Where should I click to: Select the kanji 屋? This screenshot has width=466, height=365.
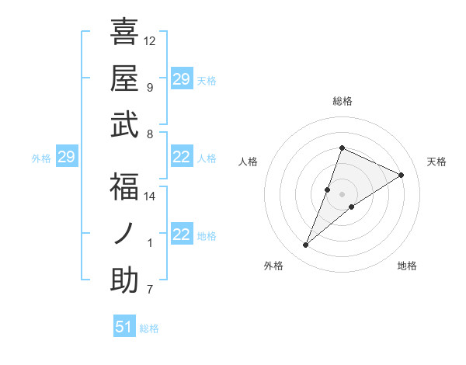click(x=124, y=78)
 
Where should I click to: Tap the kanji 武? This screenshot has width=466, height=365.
click(x=124, y=124)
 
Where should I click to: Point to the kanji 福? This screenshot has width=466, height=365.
click(x=124, y=187)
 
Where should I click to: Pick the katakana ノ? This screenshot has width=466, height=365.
click(x=124, y=234)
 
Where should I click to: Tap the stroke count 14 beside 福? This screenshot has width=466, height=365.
click(x=150, y=196)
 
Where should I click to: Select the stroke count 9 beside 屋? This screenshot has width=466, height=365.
click(x=149, y=87)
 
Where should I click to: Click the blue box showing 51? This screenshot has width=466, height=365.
click(x=124, y=327)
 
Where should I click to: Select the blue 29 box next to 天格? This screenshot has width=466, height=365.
click(x=182, y=79)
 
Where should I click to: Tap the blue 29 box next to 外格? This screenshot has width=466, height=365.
click(x=67, y=158)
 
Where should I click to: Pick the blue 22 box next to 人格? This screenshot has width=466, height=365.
click(x=182, y=158)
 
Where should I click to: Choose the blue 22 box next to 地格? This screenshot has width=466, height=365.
click(x=182, y=235)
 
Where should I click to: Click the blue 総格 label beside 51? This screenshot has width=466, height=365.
click(x=149, y=328)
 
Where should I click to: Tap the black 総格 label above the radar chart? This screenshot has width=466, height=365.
click(x=342, y=101)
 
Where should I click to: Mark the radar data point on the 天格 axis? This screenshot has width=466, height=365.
click(x=402, y=175)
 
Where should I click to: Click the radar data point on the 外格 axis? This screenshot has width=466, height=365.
click(x=306, y=245)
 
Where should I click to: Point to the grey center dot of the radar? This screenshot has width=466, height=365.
click(x=342, y=194)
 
